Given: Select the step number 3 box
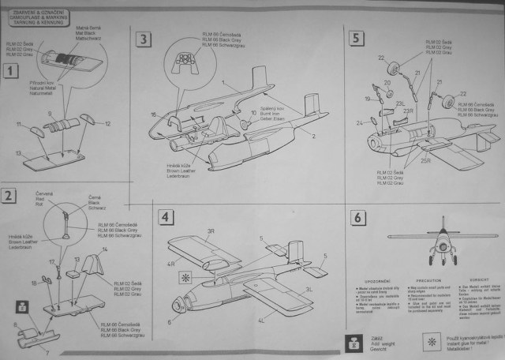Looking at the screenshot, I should click(143, 39).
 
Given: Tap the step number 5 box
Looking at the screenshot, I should click(356, 37).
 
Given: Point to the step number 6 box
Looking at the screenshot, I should click(357, 218).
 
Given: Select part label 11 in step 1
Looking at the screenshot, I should click(21, 124).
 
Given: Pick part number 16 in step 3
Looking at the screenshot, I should click(152, 114).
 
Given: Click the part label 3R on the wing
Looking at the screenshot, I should click(211, 231).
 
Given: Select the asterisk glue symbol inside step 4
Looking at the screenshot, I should click(185, 278).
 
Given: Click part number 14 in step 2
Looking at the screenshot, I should click(104, 250).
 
